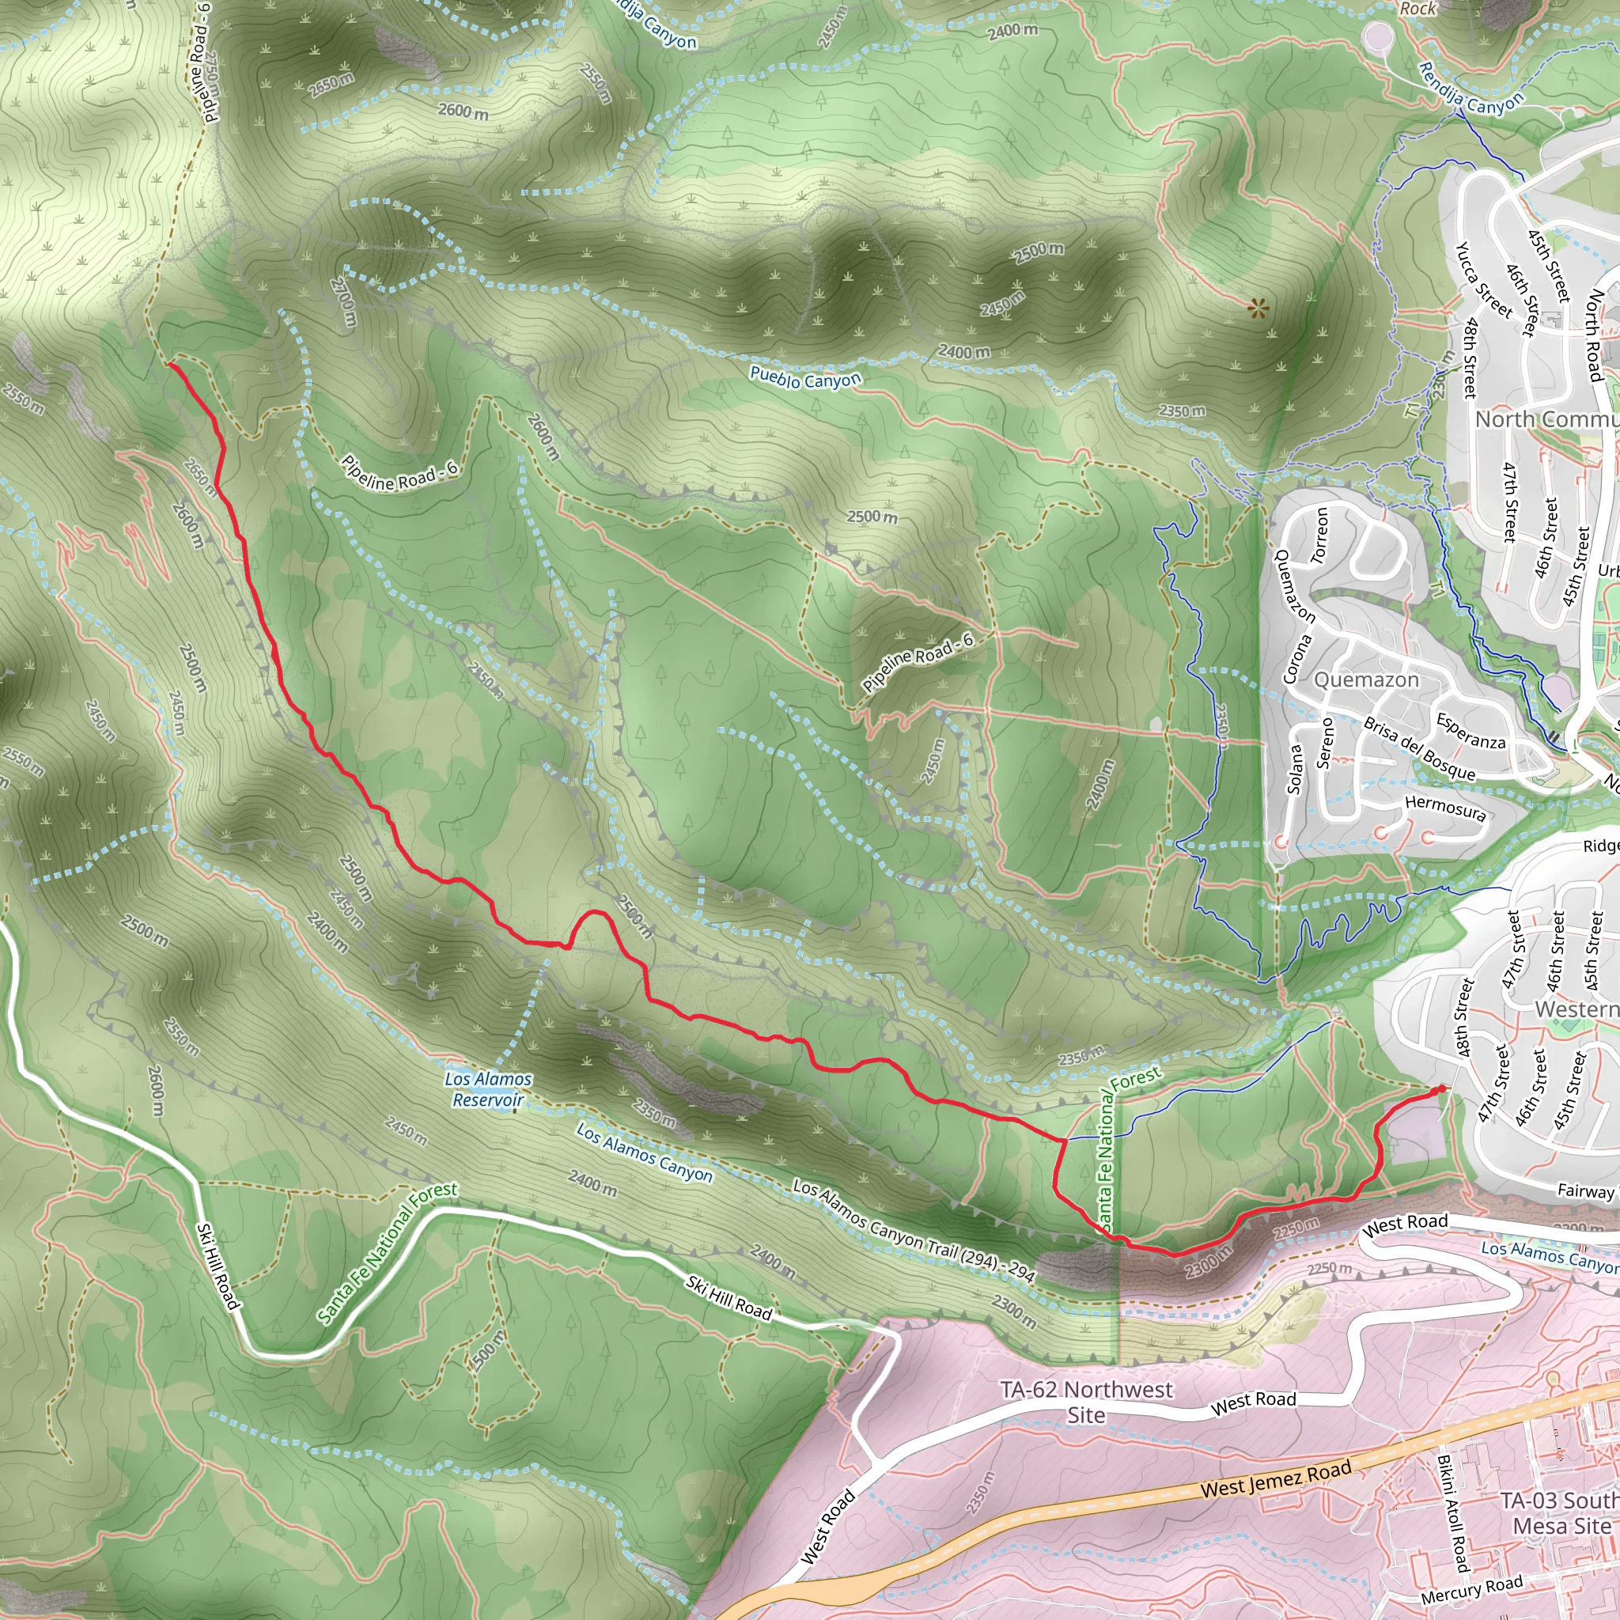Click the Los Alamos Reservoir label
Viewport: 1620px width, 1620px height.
[488, 1089]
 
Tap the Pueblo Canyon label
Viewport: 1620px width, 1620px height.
[805, 378]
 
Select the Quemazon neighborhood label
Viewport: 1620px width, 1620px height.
[1366, 679]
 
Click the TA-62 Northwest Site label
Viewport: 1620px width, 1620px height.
[1086, 1402]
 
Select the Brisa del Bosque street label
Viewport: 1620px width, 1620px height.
[1419, 749]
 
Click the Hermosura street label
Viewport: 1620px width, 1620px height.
[1446, 808]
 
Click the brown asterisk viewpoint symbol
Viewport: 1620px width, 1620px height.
[1258, 308]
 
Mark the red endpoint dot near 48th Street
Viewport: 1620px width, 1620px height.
[1440, 1089]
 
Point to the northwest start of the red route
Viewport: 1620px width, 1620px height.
[170, 364]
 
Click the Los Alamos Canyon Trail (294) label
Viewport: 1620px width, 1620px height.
[914, 1231]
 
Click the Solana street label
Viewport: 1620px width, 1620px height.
[1295, 769]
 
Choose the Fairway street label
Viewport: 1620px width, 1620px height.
[1584, 1190]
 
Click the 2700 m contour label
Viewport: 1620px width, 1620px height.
[345, 302]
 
